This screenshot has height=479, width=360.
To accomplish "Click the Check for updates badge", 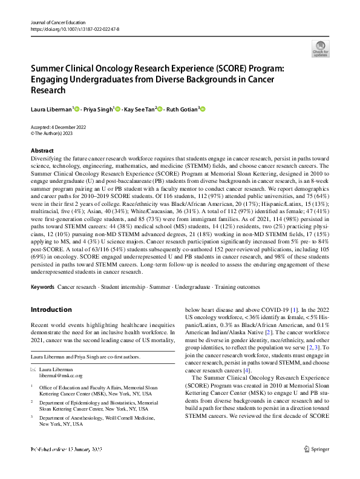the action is pyautogui.click(x=319, y=48).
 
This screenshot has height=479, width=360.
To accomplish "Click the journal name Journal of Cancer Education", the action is pyautogui.click(x=58, y=22).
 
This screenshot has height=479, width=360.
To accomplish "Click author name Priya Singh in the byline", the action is pyautogui.click(x=99, y=109).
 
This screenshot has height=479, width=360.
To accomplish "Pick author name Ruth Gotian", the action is pyautogui.click(x=184, y=109).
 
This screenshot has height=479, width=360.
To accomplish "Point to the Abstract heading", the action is pyautogui.click(x=42, y=150).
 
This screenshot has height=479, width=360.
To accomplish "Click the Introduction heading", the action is pyautogui.click(x=52, y=310).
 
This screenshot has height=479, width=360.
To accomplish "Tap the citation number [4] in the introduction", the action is pyautogui.click(x=246, y=370).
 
